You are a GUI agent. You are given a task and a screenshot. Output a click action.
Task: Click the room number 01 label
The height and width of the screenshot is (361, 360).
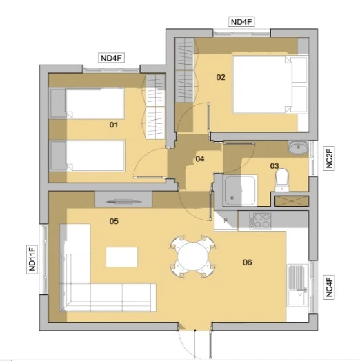click(x=114, y=125)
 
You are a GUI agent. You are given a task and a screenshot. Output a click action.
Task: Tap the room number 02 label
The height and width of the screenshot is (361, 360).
click(x=221, y=77)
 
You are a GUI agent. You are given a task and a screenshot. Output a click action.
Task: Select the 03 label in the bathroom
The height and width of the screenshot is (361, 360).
click(x=274, y=166)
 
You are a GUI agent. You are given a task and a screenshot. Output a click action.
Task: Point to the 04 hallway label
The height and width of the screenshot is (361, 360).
click(x=200, y=159)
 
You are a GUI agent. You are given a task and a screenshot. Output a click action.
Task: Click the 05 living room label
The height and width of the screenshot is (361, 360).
click(x=114, y=221)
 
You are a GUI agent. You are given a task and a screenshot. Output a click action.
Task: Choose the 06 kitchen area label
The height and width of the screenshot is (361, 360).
click(x=248, y=262)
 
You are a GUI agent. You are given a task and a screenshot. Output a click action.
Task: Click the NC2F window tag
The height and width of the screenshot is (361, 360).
click(x=329, y=158)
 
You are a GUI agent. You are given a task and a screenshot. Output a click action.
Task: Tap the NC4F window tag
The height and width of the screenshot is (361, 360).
click(x=329, y=287)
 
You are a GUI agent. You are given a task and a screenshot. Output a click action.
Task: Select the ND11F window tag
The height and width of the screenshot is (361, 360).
click(x=32, y=258)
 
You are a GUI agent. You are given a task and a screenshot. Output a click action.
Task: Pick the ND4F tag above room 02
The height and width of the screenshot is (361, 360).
click(x=241, y=22)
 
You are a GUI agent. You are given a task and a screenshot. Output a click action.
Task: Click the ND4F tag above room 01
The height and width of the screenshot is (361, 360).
click(x=111, y=58)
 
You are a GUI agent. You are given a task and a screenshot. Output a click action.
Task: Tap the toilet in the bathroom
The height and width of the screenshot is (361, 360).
click(x=282, y=180)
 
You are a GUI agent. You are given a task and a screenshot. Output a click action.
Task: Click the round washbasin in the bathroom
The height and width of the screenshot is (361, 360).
click(x=298, y=147)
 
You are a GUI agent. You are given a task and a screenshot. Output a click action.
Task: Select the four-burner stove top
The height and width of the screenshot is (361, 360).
click(x=261, y=220)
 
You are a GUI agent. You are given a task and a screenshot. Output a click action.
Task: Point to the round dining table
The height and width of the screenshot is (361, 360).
click(x=193, y=256)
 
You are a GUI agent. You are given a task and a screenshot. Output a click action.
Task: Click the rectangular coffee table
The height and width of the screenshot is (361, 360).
click(x=121, y=257)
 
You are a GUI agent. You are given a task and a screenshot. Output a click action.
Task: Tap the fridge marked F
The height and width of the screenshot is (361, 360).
click(x=226, y=220)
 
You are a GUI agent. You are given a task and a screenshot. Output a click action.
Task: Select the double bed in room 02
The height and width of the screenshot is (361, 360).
click(x=270, y=85)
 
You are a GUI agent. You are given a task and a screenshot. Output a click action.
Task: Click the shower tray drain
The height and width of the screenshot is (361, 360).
click(x=232, y=198)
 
